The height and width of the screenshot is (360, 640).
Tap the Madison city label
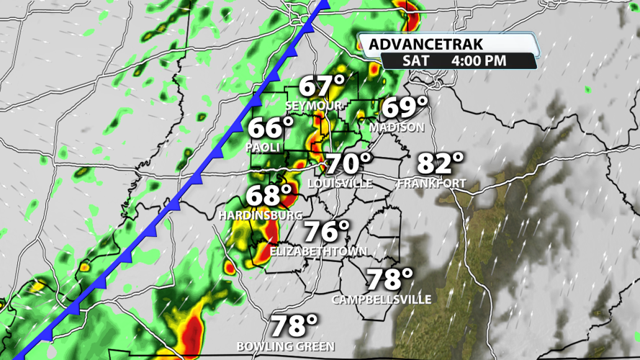(x=397, y=127)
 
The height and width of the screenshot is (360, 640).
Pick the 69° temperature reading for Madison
(x=404, y=107)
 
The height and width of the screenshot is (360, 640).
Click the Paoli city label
(x=262, y=147)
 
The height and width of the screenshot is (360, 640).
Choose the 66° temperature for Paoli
(x=271, y=128)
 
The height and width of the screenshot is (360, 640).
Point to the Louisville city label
(x=340, y=184)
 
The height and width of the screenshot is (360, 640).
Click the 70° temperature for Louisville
(x=349, y=164)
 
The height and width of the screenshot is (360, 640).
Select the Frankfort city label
(x=431, y=184)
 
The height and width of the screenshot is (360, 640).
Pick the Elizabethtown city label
(x=318, y=251)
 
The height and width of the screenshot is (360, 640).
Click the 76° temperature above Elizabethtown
(x=325, y=232)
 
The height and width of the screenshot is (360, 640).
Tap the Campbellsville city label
(x=382, y=299)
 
